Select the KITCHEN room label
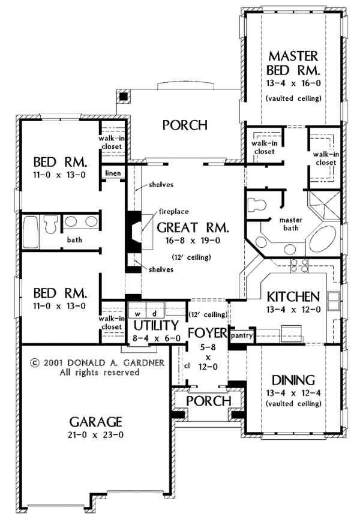point(292,296)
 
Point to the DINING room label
point(293,380)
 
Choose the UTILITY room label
point(156,325)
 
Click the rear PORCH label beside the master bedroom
point(185,125)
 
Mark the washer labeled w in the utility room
point(137,313)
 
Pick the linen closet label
point(113,173)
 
